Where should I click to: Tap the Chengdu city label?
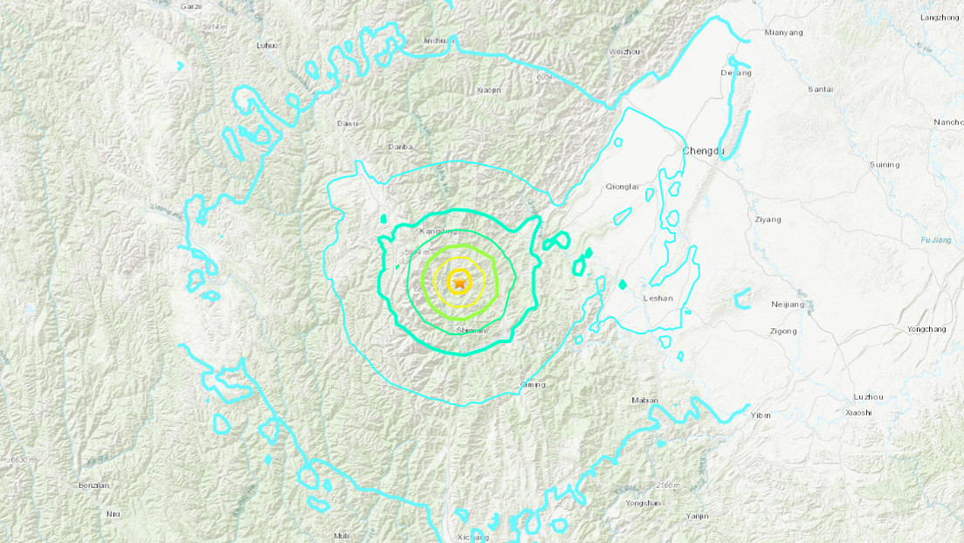pos(704,151)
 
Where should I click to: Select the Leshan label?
pos(658,298)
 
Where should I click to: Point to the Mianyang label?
pos(782,33)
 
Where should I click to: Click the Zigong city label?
pos(783,331)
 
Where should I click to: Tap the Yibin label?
pos(761,415)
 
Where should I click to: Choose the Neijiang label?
pos(788,304)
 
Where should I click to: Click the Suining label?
pos(885,164)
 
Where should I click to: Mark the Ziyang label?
pos(768,219)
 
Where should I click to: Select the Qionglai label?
pos(622,186)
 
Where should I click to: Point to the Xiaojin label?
pos(490,89)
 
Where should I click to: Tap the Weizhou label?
pos(624,52)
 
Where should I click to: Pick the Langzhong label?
pos(940,17)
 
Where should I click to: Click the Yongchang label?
pos(926,329)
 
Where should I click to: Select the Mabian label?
pos(644,400)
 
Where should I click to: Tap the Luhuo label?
pos(266,45)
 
